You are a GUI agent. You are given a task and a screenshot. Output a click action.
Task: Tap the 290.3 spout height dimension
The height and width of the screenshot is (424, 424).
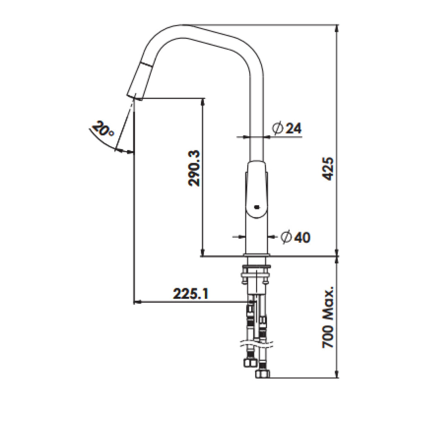click(x=195, y=168)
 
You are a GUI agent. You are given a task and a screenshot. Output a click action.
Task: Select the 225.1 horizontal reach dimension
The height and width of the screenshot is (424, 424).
click(x=191, y=294)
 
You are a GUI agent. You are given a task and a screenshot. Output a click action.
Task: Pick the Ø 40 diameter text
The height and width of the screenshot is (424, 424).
click(x=295, y=237)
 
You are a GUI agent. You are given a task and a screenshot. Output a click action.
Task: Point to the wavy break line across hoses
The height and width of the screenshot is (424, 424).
click(x=257, y=343)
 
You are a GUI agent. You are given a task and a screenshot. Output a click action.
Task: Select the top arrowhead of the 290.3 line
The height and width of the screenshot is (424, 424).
click(x=202, y=101)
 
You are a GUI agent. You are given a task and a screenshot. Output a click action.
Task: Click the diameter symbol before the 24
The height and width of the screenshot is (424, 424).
click(x=277, y=128)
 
